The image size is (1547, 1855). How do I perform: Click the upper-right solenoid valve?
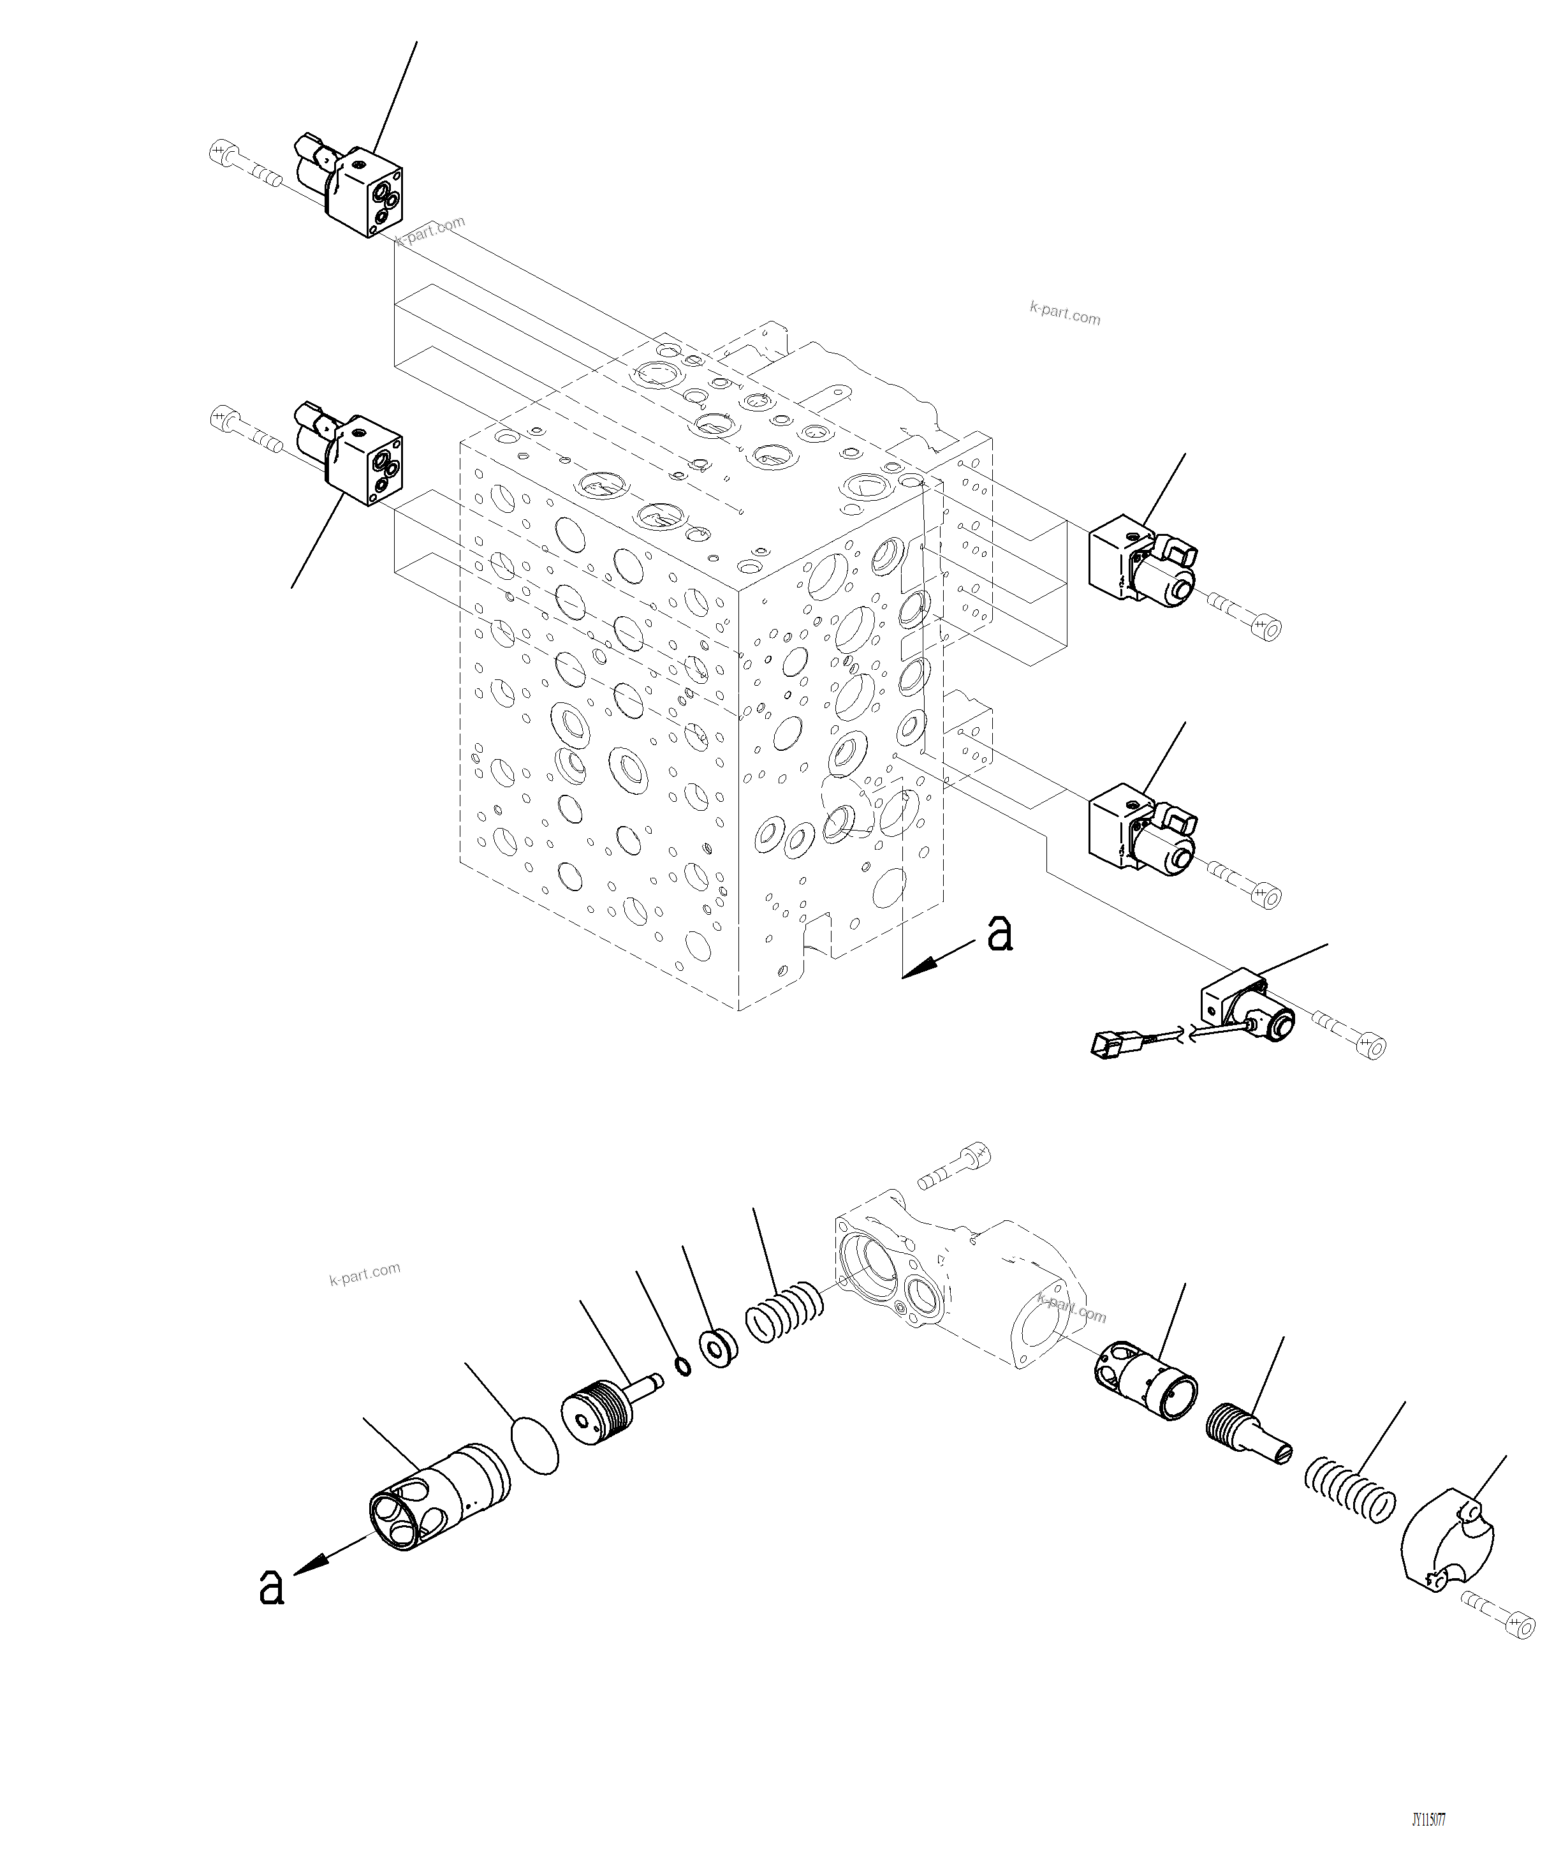1141,565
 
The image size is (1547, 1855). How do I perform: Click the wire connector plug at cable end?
1109,1045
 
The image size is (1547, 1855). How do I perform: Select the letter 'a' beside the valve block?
999,934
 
